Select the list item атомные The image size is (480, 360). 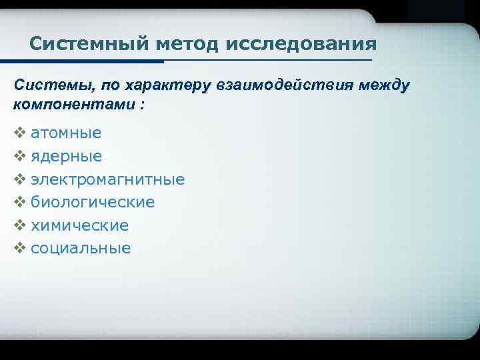click(66, 133)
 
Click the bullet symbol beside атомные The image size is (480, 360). click(19, 133)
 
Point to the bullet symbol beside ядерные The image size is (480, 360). click(19, 156)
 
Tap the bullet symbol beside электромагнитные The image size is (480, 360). click(19, 179)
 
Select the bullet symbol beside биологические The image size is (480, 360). click(19, 202)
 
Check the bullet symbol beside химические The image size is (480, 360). click(19, 225)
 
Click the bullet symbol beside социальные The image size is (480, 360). click(19, 249)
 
